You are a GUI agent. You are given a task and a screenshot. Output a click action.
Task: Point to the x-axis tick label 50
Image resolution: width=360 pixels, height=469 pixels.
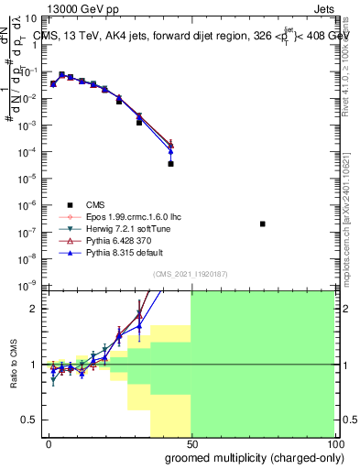(191, 443)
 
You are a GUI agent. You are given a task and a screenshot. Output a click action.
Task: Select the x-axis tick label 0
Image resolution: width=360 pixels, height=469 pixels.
(49, 443)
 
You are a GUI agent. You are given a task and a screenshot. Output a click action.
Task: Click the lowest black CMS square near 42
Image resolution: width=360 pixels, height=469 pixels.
(171, 164)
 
